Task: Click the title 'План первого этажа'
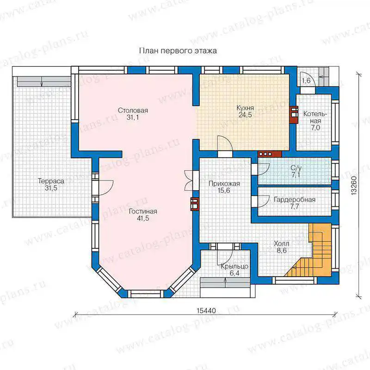[178, 51]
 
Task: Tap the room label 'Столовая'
[133, 110]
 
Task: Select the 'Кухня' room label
[245, 108]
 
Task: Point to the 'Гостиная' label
[143, 211]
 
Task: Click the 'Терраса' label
[51, 181]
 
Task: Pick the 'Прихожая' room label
[224, 184]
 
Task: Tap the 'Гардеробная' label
[295, 200]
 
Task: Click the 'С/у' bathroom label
[296, 168]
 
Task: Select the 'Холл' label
[282, 243]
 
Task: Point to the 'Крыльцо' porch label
[234, 266]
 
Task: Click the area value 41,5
[143, 218]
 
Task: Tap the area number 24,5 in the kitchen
[245, 115]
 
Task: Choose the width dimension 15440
[206, 310]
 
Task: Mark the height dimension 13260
[354, 185]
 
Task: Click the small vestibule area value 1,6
[306, 80]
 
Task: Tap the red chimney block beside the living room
[195, 203]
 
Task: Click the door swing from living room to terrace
[106, 188]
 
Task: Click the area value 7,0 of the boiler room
[315, 128]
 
